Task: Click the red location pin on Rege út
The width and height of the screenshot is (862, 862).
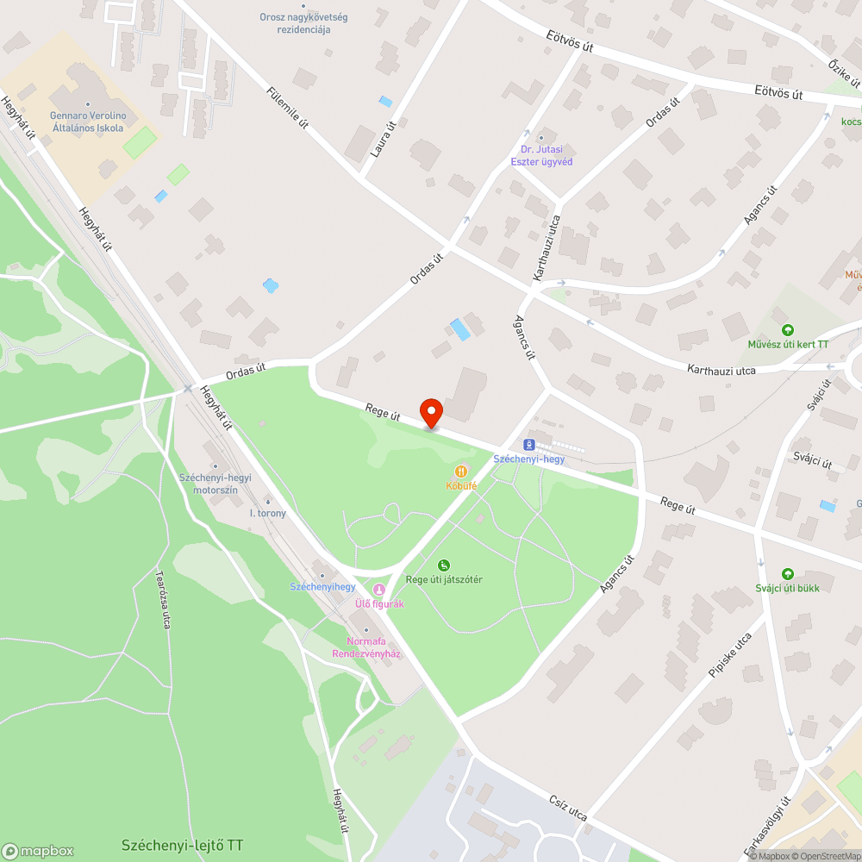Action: click(x=430, y=412)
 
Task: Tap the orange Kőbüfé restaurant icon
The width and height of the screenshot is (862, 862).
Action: click(x=462, y=472)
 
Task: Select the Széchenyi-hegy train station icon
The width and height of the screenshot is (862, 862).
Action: click(x=529, y=445)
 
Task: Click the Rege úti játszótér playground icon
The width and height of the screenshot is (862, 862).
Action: click(x=443, y=565)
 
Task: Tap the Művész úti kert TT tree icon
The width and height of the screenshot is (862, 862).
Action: click(x=787, y=330)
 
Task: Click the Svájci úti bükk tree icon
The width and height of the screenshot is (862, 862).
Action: click(x=787, y=574)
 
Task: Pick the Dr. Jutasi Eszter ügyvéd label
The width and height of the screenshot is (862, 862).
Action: click(x=541, y=155)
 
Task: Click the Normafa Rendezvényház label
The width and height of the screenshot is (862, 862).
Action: click(x=366, y=647)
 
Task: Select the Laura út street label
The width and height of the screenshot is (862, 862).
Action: click(x=383, y=137)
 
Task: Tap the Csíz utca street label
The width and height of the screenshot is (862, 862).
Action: click(x=567, y=809)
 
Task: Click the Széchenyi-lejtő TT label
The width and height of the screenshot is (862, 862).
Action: click(x=182, y=845)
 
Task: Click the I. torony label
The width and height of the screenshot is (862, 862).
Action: click(x=267, y=513)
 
